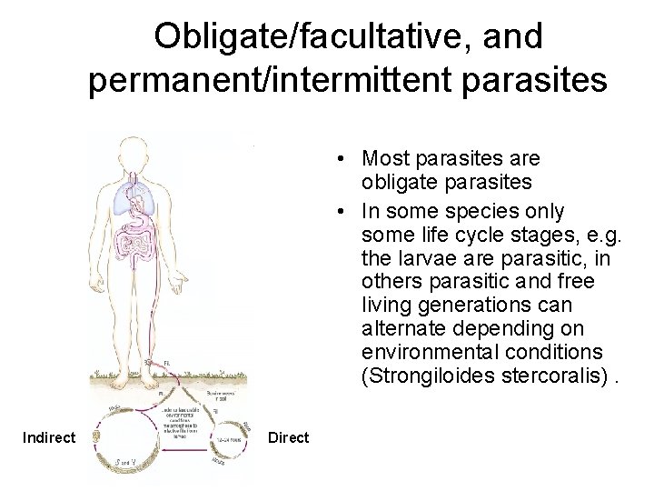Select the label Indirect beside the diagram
[49, 438]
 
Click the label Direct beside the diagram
[289, 438]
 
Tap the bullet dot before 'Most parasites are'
[337, 159]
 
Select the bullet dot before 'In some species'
[337, 211]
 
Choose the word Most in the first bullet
[381, 159]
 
